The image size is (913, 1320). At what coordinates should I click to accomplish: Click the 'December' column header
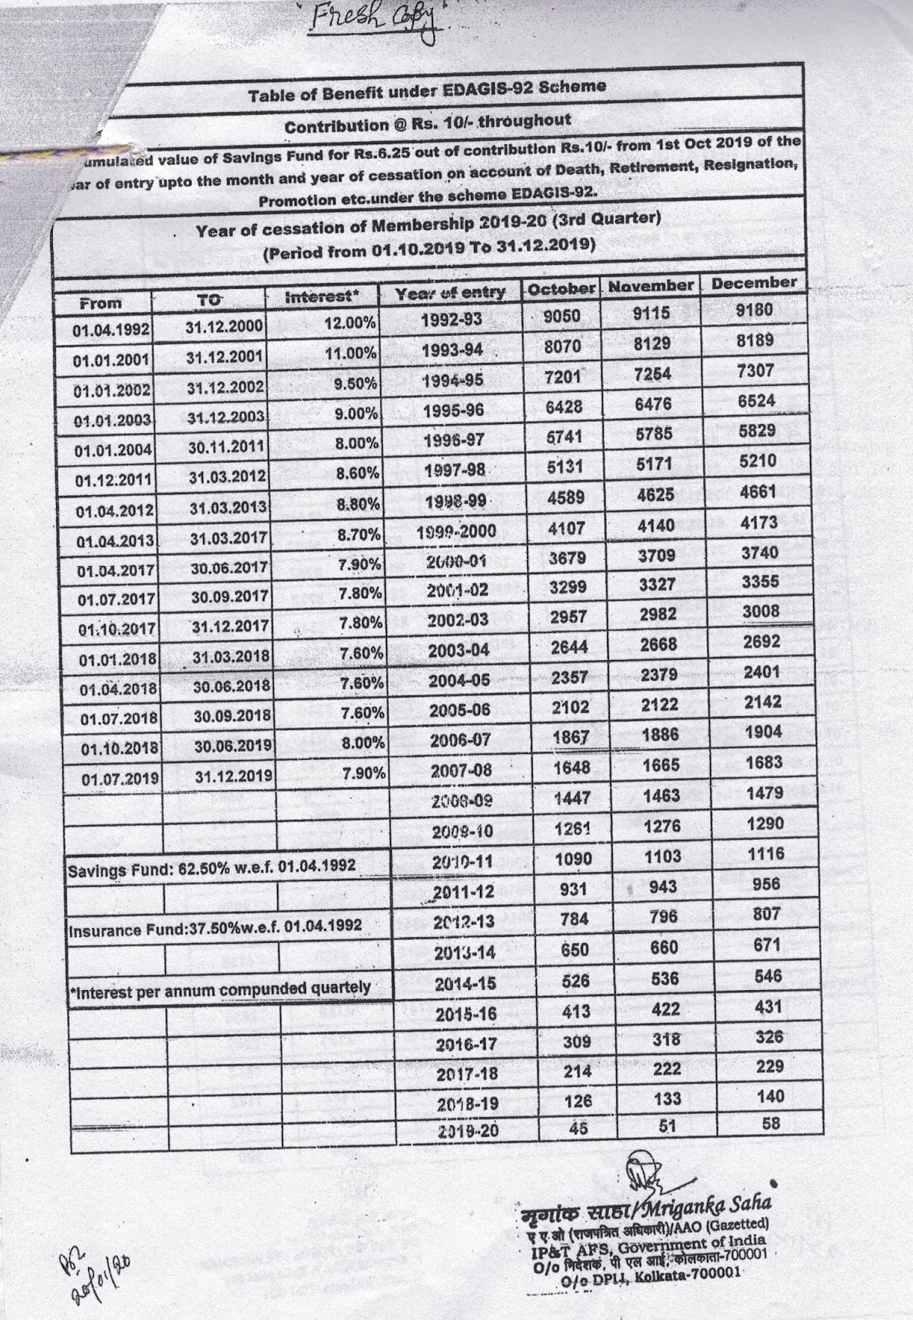click(x=754, y=283)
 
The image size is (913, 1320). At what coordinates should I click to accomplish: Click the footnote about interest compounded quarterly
click(x=219, y=988)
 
